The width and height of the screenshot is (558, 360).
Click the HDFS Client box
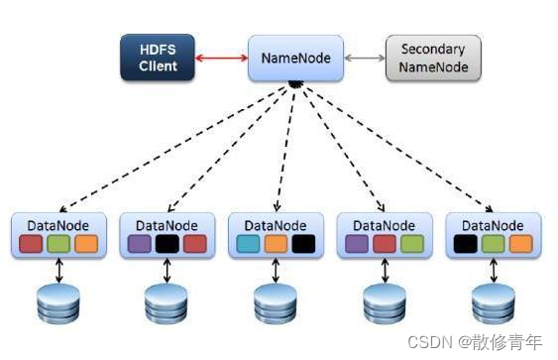coord(159,58)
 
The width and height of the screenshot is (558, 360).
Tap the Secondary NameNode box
coord(431,58)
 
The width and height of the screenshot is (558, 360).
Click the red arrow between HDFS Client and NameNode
coord(220,58)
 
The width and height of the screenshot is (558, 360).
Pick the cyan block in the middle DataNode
coord(250,243)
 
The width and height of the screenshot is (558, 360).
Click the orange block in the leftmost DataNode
coord(87,243)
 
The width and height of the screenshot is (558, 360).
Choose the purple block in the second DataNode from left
coord(141,243)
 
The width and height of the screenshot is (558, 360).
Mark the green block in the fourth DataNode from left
coord(412,243)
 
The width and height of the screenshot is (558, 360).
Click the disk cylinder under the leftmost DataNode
coord(59,303)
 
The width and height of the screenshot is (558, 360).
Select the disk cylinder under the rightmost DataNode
coord(494,303)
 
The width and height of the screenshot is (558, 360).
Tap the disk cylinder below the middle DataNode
coord(277,303)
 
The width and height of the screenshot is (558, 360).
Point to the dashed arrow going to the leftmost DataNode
coord(168,149)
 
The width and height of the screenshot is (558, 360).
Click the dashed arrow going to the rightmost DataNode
coord(396,149)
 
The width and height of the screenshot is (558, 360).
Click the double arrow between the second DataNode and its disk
coord(167,270)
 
